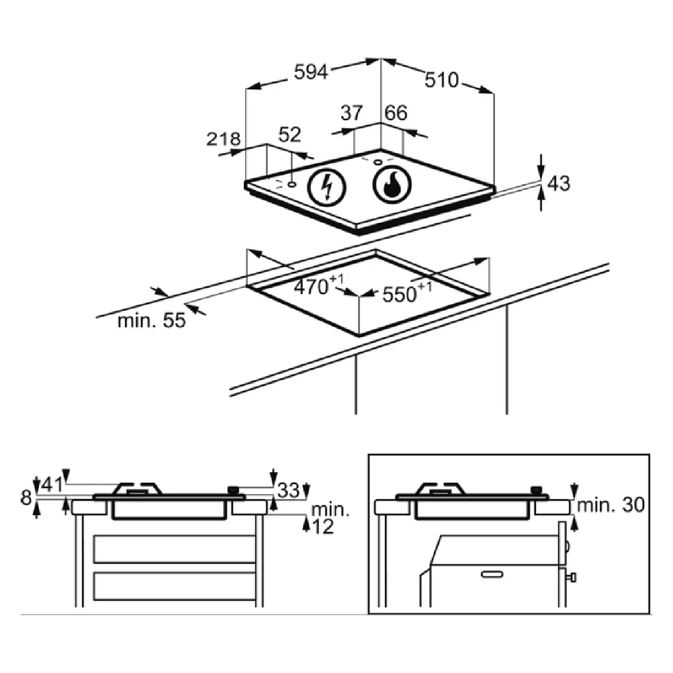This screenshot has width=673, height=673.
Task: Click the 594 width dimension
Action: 311,72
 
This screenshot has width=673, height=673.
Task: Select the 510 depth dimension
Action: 441,80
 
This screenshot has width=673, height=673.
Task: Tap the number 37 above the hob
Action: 352,113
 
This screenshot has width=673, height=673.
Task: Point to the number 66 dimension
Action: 396,113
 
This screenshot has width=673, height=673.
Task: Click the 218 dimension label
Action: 224,139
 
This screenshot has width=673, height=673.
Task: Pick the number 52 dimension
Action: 289,135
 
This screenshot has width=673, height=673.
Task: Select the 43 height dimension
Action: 559,183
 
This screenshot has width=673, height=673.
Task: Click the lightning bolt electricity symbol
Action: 326,187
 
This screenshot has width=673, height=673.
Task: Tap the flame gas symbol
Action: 392,185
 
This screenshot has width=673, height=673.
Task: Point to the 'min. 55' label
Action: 151,321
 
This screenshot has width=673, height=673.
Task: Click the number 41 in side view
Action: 52,485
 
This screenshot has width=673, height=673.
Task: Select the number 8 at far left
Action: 26,497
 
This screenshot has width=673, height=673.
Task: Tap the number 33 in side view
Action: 288,490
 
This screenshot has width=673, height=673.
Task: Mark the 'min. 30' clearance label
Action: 611,505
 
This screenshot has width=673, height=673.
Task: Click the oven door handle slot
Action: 492,574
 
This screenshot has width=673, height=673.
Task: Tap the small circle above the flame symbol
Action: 378,162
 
